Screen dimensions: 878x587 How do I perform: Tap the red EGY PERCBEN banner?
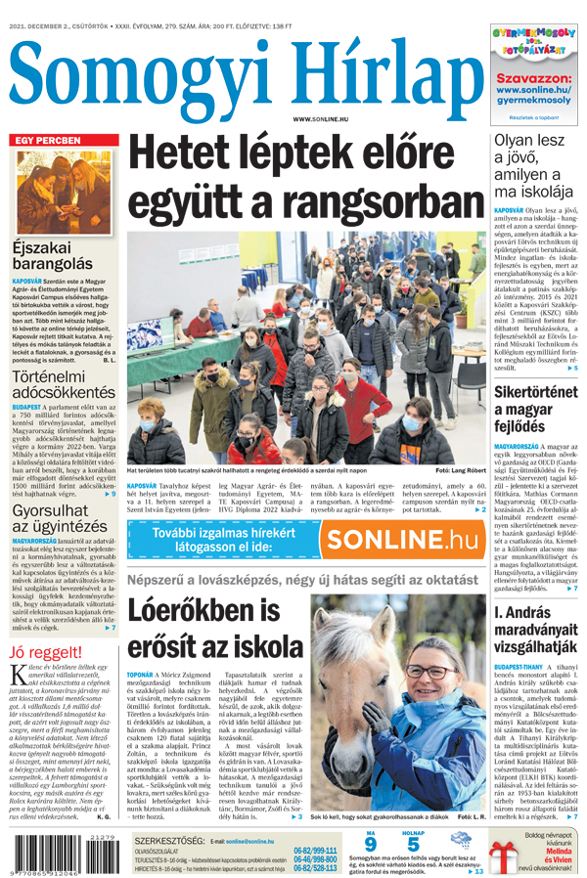(45, 141)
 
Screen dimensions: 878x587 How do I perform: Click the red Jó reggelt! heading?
(44, 653)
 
